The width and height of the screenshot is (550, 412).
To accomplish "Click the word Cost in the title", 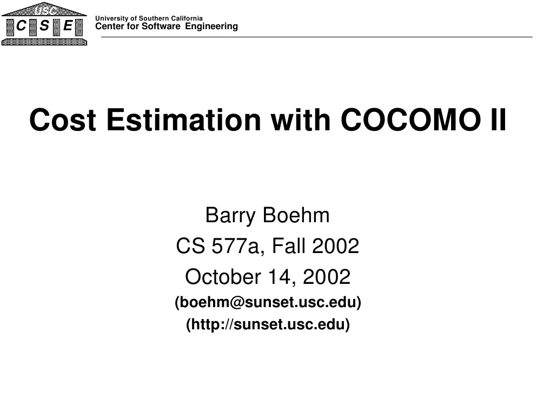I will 63,120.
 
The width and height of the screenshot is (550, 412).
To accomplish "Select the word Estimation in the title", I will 183,120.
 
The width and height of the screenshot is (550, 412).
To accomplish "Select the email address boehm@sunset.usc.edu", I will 268,303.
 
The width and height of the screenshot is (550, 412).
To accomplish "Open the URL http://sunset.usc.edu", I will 268,325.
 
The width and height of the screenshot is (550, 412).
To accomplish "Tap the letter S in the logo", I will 44,26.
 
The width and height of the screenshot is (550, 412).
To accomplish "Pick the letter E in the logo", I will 68,26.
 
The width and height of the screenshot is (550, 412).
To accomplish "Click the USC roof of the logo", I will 44,9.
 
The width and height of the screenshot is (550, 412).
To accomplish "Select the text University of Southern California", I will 149,19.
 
